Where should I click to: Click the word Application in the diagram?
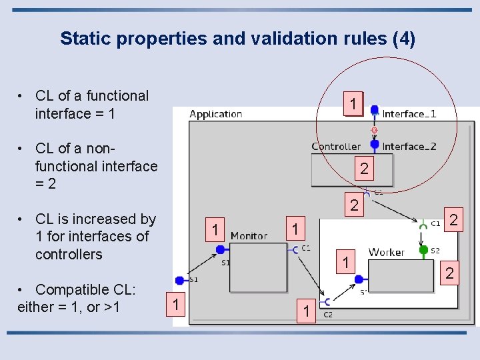215,114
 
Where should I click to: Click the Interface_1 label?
409,114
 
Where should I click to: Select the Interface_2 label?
409,146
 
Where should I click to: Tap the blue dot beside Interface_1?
374,110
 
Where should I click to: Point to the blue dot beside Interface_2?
375,144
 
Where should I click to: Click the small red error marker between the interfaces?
375,129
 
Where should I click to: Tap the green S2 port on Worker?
423,251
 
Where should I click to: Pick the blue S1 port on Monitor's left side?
220,250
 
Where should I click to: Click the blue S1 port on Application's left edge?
179,281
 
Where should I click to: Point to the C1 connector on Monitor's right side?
295,250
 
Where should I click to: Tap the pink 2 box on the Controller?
364,169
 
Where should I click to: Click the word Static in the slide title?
84,39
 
